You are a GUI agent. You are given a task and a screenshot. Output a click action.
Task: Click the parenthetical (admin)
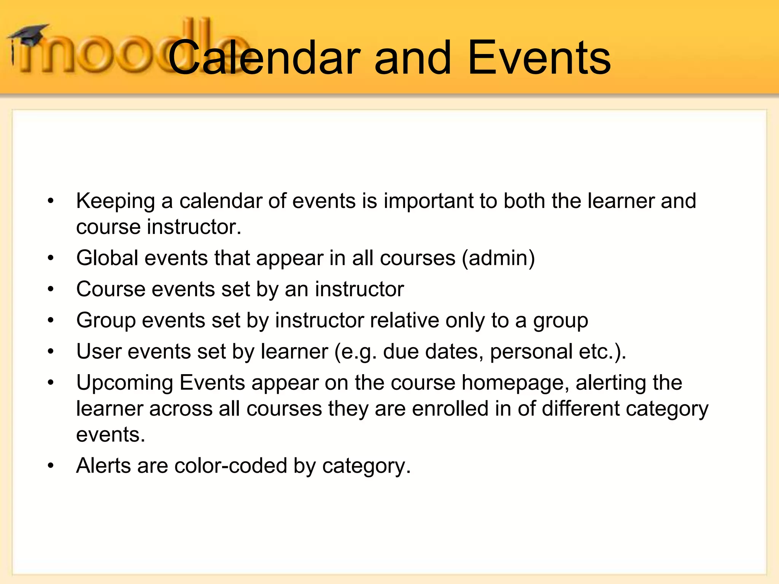(498, 258)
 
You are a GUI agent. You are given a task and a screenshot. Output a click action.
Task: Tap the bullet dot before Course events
(51, 290)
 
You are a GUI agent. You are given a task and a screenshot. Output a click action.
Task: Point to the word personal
(531, 352)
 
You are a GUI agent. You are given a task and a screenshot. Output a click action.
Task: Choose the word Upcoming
(125, 383)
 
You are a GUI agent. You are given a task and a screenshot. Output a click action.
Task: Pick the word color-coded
(231, 466)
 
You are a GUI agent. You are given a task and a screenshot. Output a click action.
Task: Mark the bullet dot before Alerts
(51, 466)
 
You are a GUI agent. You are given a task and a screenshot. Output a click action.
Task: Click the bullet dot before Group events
(51, 321)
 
